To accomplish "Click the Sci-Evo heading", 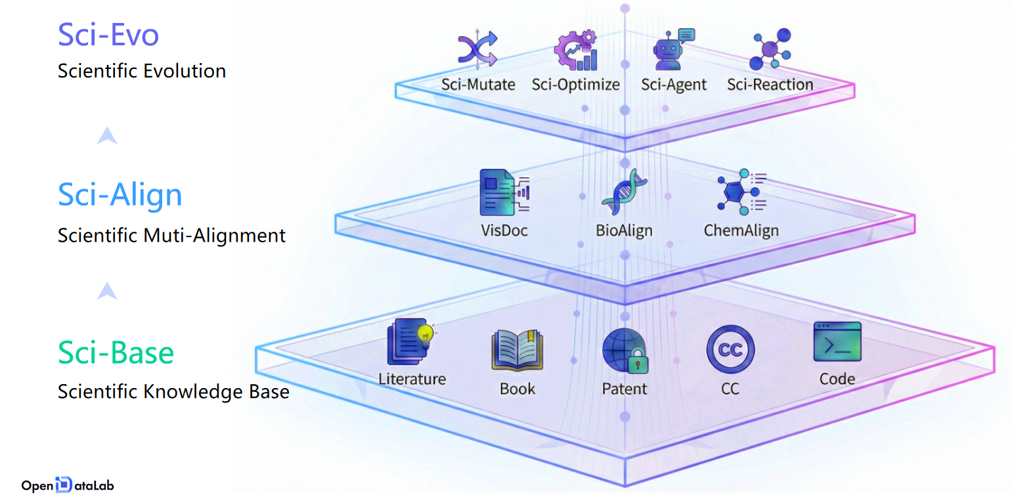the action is [108, 35].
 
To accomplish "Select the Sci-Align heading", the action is [120, 195].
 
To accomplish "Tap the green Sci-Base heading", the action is [116, 353].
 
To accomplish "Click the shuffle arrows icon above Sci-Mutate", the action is [477, 50].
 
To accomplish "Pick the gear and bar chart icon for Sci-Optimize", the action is [576, 50].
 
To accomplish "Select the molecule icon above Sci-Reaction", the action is [770, 49].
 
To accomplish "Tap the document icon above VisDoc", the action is [504, 192].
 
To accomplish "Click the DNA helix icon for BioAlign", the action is [624, 192].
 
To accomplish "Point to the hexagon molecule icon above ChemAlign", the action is [741, 192].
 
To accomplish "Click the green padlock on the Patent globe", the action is [638, 360].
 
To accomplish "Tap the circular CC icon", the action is [730, 349].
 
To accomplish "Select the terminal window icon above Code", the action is [837, 341].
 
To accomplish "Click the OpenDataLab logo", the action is [68, 485].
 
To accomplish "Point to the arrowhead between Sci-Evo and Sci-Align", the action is [107, 135].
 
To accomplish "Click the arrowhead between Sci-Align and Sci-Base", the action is [107, 291].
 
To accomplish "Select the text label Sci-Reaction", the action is [770, 85].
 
